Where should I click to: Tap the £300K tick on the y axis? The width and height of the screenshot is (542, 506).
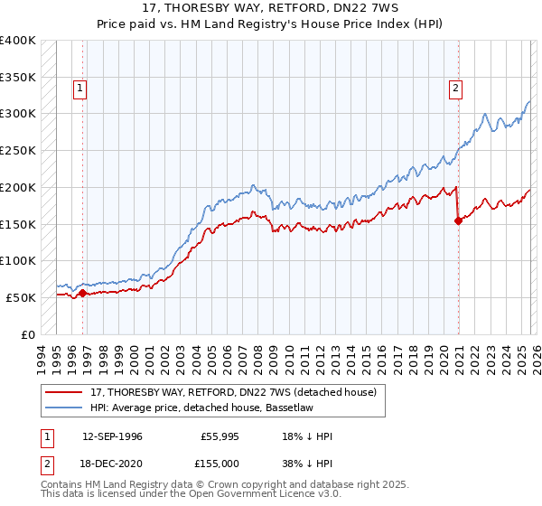(18, 114)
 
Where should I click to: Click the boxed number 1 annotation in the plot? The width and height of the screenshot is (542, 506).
(81, 89)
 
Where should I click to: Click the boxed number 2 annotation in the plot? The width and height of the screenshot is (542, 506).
(454, 89)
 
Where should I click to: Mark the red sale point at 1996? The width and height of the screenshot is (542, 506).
(82, 293)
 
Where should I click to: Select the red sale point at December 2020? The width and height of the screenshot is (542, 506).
(458, 220)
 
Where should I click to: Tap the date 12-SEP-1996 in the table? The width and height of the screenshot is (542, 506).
(112, 436)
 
